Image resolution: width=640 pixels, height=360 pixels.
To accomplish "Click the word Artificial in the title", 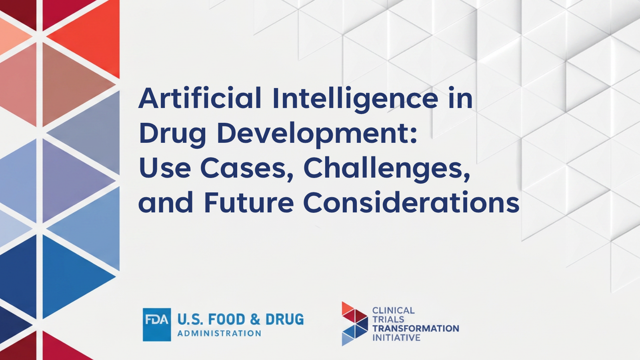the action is (x=200, y=98).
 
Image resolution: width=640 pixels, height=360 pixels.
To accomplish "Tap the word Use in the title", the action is (x=165, y=168).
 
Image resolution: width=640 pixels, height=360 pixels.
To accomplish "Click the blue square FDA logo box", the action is (x=157, y=324).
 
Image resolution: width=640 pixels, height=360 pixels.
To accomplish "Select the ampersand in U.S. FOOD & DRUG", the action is (x=255, y=320).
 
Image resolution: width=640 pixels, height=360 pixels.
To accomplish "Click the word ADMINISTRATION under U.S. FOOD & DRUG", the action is (x=219, y=334).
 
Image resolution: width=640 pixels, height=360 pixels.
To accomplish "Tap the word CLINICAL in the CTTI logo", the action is (x=393, y=310).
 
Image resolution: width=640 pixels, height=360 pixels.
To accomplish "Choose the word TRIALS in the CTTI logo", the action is (x=388, y=320).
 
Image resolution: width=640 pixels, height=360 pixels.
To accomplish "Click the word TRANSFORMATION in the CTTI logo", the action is (x=416, y=328).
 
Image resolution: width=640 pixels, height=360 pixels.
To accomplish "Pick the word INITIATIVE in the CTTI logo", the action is (x=396, y=338).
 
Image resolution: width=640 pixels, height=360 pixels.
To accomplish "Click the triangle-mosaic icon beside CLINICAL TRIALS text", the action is (x=354, y=324).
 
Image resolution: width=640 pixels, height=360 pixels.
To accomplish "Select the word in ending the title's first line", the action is (x=460, y=98).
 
